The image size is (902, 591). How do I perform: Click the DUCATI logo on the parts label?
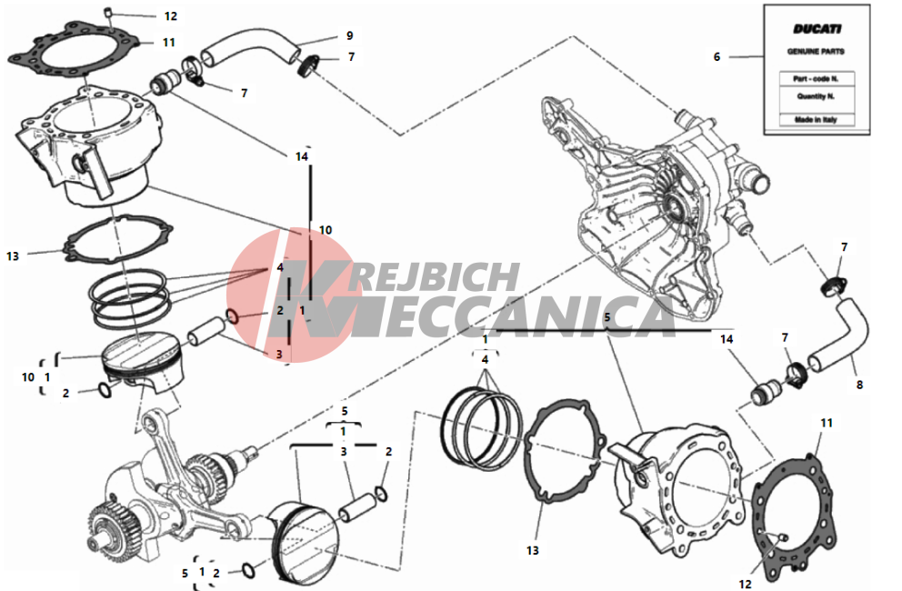pyautogui.click(x=817, y=29)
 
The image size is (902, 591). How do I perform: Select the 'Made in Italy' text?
pyautogui.click(x=817, y=120)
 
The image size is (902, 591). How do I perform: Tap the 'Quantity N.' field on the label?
pyautogui.click(x=817, y=96)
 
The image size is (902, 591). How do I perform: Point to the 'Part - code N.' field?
pyautogui.click(x=817, y=79)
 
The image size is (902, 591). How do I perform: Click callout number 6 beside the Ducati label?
pyautogui.click(x=717, y=57)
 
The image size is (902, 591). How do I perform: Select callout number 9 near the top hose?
pyautogui.click(x=350, y=35)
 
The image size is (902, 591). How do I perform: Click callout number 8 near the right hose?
pyautogui.click(x=859, y=385)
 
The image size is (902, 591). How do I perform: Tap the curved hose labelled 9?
pyautogui.click(x=250, y=48)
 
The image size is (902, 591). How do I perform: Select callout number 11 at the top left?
pyautogui.click(x=168, y=42)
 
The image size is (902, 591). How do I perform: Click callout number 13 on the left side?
pyautogui.click(x=13, y=256)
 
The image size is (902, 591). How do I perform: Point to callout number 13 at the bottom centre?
pyautogui.click(x=533, y=551)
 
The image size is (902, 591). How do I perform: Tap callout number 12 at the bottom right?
pyautogui.click(x=745, y=584)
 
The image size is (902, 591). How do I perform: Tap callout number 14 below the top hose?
pyautogui.click(x=302, y=156)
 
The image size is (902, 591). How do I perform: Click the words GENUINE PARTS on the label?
pyautogui.click(x=816, y=51)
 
